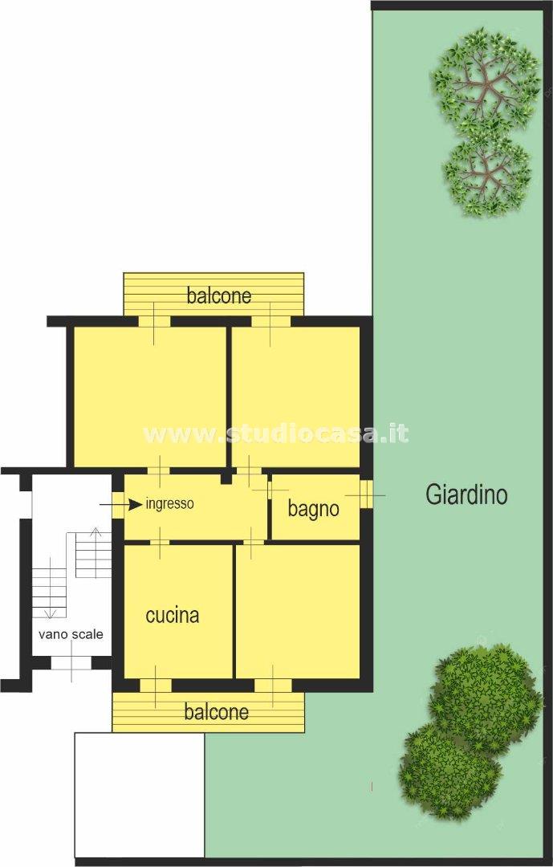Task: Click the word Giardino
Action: (466, 494)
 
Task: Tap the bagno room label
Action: (313, 508)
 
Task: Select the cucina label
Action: (172, 616)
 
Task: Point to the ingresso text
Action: (170, 504)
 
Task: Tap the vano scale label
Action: (71, 633)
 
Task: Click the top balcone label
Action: (219, 295)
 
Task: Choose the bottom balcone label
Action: (216, 711)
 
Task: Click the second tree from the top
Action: (487, 176)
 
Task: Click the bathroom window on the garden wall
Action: (366, 495)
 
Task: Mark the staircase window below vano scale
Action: (71, 662)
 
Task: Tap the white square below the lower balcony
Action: (139, 795)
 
